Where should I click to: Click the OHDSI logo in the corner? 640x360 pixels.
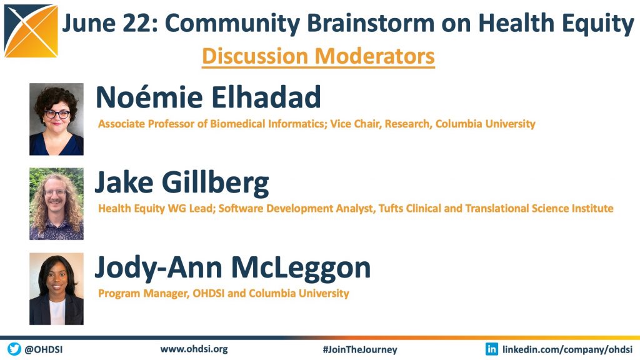[31, 31]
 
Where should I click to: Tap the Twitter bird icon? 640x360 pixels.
[14, 349]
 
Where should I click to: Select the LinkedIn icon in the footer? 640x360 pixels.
[491, 349]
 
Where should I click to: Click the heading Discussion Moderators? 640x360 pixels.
[318, 56]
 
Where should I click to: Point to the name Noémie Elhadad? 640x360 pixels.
[208, 97]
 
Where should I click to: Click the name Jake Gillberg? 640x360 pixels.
[182, 183]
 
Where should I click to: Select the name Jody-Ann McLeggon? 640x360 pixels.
[232, 268]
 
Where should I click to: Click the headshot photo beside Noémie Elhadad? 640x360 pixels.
[56, 119]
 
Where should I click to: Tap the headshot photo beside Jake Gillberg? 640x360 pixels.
[56, 204]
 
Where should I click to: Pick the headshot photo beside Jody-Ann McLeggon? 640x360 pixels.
[56, 289]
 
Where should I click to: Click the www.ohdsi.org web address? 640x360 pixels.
[194, 349]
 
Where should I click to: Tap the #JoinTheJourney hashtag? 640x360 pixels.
[359, 350]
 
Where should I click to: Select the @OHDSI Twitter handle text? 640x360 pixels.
[44, 350]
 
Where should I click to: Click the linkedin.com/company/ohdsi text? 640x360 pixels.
[567, 350]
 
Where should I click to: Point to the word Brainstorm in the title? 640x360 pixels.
[371, 23]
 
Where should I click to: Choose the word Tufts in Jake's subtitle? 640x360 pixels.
[391, 209]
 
